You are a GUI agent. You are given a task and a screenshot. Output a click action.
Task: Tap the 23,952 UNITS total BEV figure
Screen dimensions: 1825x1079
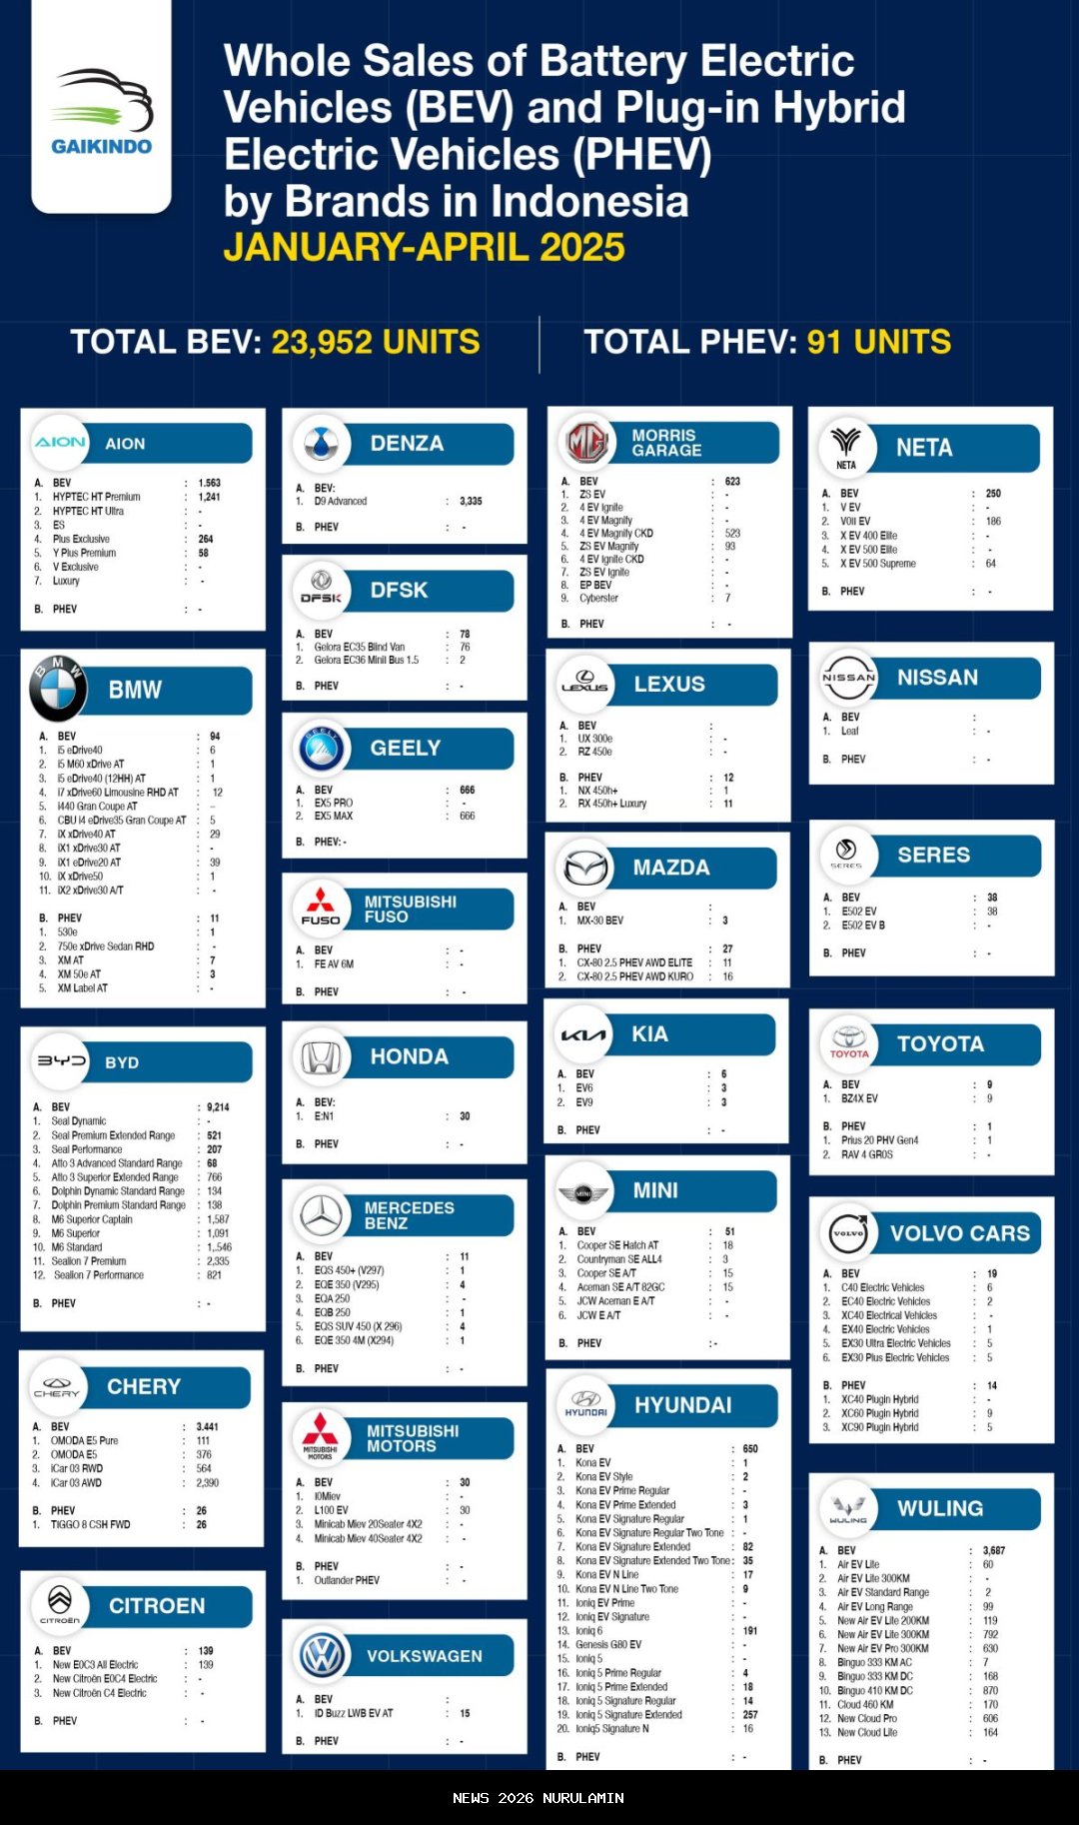pyautogui.click(x=375, y=343)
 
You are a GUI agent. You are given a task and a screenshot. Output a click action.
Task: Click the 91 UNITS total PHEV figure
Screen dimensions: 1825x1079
pyautogui.click(x=878, y=343)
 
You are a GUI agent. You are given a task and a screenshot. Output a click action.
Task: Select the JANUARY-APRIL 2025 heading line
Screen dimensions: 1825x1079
pyautogui.click(x=424, y=248)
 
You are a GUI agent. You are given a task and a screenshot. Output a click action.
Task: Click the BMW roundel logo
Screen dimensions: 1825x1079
pyautogui.click(x=58, y=690)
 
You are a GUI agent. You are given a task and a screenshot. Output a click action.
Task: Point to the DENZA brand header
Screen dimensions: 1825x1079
pyautogui.click(x=407, y=444)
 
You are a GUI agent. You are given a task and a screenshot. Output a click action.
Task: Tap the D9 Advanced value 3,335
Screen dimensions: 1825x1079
pyautogui.click(x=471, y=502)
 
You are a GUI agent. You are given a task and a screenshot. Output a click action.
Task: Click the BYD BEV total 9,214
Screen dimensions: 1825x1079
pyautogui.click(x=218, y=1107)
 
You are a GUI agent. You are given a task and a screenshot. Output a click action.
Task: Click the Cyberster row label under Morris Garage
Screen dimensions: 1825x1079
pyautogui.click(x=598, y=599)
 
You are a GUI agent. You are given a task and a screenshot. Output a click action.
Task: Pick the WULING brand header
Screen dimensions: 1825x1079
pyautogui.click(x=939, y=1508)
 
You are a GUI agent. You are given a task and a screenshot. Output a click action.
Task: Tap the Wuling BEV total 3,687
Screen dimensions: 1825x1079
pyautogui.click(x=993, y=1551)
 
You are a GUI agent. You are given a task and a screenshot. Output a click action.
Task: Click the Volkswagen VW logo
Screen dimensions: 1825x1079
pyautogui.click(x=322, y=1656)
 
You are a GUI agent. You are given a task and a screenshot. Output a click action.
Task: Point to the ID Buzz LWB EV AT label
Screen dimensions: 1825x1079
pyautogui.click(x=354, y=1713)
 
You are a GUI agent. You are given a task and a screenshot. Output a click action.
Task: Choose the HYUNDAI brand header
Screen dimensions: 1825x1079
pyautogui.click(x=682, y=1405)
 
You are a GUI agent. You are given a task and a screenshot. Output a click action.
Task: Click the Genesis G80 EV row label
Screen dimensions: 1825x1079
pyautogui.click(x=608, y=1644)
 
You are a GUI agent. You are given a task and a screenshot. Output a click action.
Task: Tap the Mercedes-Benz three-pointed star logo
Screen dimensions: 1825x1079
pyautogui.click(x=322, y=1215)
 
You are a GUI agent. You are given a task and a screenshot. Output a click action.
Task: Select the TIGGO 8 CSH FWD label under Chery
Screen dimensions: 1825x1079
pyautogui.click(x=90, y=1525)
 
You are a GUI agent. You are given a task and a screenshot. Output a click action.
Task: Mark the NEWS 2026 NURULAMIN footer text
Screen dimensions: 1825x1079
pyautogui.click(x=539, y=1798)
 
